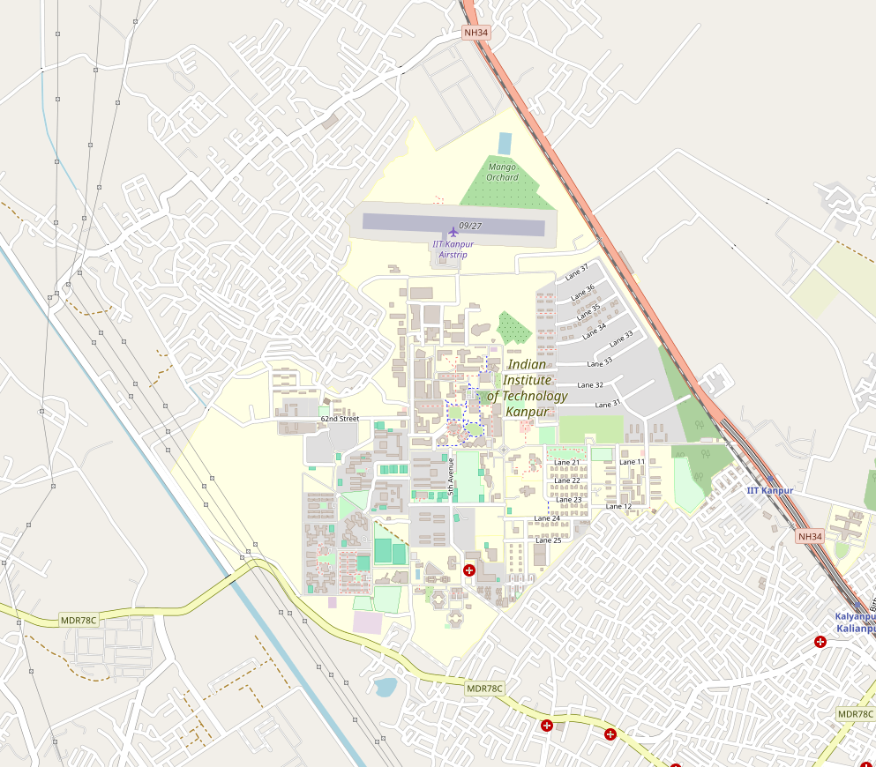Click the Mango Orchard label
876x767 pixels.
502,172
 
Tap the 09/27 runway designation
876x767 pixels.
470,226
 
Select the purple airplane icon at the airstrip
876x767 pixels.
453,231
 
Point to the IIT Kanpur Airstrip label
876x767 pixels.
453,249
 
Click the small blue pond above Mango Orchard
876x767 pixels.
505,143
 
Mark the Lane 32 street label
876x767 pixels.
590,385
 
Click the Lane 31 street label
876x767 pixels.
609,404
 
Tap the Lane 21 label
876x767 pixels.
567,463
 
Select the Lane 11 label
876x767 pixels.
632,462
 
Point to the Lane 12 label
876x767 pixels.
618,506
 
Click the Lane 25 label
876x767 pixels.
548,540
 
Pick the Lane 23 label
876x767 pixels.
569,500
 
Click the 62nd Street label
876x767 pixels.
340,419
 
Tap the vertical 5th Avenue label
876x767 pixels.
451,477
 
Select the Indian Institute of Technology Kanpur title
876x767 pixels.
528,388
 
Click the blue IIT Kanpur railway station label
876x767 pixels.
770,490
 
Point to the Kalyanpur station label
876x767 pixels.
855,622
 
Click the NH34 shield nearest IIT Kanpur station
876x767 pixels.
809,536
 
